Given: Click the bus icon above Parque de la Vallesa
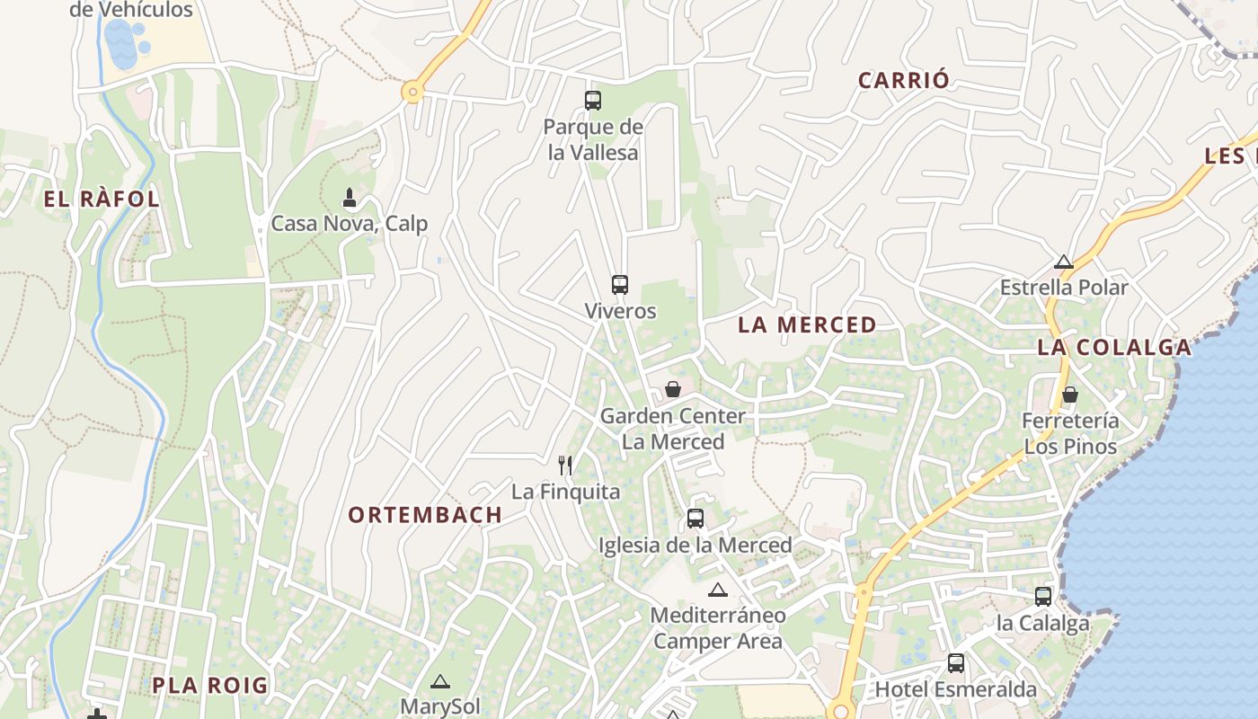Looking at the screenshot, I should click(x=593, y=101).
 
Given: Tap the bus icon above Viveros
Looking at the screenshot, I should click(x=620, y=285).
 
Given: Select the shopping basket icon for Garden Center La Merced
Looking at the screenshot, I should click(x=673, y=389).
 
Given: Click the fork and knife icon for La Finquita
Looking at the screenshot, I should click(x=565, y=465).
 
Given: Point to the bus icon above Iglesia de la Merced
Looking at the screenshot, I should click(x=695, y=519).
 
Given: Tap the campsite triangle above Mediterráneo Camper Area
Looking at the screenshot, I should click(x=717, y=590).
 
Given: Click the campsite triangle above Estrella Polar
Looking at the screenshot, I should click(x=1064, y=262).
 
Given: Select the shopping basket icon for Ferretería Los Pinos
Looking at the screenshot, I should click(x=1070, y=395).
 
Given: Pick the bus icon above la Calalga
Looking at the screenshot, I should click(x=1043, y=596).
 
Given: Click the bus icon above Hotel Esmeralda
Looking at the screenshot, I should click(x=956, y=663).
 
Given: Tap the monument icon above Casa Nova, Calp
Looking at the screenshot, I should click(x=350, y=197).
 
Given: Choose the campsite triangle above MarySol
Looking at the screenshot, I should click(x=439, y=682).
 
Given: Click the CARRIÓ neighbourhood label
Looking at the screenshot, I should click(x=903, y=80).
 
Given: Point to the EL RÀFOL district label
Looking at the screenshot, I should click(x=102, y=200).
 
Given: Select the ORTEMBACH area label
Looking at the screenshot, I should click(x=425, y=515).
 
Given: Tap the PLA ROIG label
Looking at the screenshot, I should click(x=209, y=686).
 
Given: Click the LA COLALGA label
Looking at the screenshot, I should click(x=1114, y=347).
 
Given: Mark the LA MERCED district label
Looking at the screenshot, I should click(x=807, y=325).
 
